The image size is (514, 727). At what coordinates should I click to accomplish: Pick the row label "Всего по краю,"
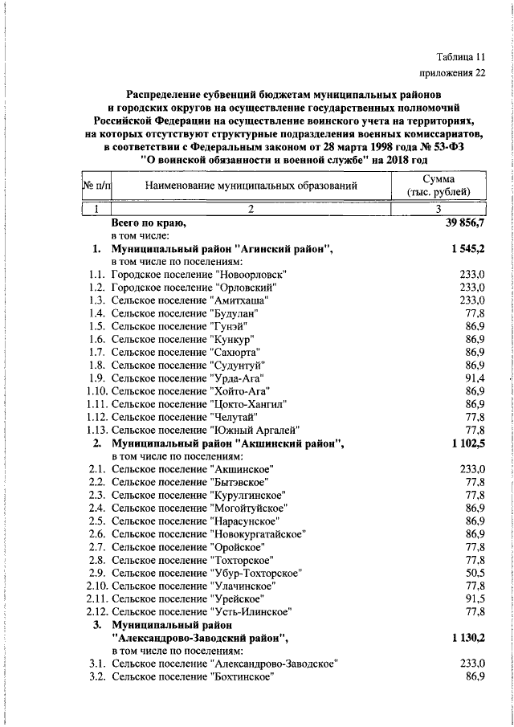[149, 223]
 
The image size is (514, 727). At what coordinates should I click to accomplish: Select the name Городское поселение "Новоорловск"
[199, 274]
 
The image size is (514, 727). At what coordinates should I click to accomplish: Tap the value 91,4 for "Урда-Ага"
[474, 378]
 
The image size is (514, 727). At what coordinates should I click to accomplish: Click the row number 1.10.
[98, 390]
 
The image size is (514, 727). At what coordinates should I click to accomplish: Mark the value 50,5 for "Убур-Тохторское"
[474, 573]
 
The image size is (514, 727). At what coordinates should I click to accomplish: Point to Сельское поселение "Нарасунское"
[191, 521]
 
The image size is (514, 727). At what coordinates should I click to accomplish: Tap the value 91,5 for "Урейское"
[474, 598]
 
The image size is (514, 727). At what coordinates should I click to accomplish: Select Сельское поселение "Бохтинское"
[190, 676]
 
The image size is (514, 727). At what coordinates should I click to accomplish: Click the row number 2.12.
[98, 611]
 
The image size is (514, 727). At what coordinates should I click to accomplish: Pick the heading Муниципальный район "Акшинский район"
[227, 443]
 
